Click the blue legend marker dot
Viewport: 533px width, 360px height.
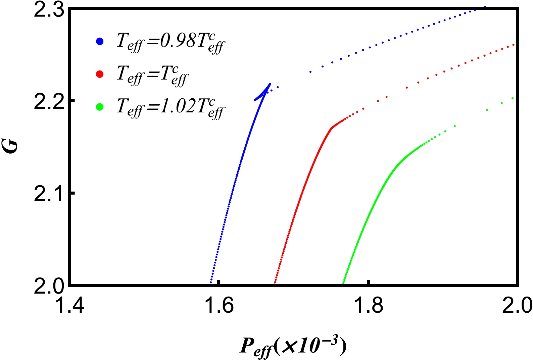pyautogui.click(x=100, y=42)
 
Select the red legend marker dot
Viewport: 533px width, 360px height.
pyautogui.click(x=100, y=74)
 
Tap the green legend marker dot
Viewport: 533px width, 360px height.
pyautogui.click(x=100, y=107)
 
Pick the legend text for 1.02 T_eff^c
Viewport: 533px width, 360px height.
pyautogui.click(x=171, y=108)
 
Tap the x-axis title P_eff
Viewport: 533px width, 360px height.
pyautogui.click(x=292, y=347)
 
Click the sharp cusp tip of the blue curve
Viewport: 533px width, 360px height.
pyautogui.click(x=270, y=84)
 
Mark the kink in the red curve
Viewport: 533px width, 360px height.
pyautogui.click(x=332, y=127)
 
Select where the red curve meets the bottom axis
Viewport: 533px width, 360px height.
pyautogui.click(x=275, y=284)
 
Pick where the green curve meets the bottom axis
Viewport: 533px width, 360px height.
pyautogui.click(x=343, y=284)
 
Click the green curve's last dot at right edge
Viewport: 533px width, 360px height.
pyautogui.click(x=513, y=98)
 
